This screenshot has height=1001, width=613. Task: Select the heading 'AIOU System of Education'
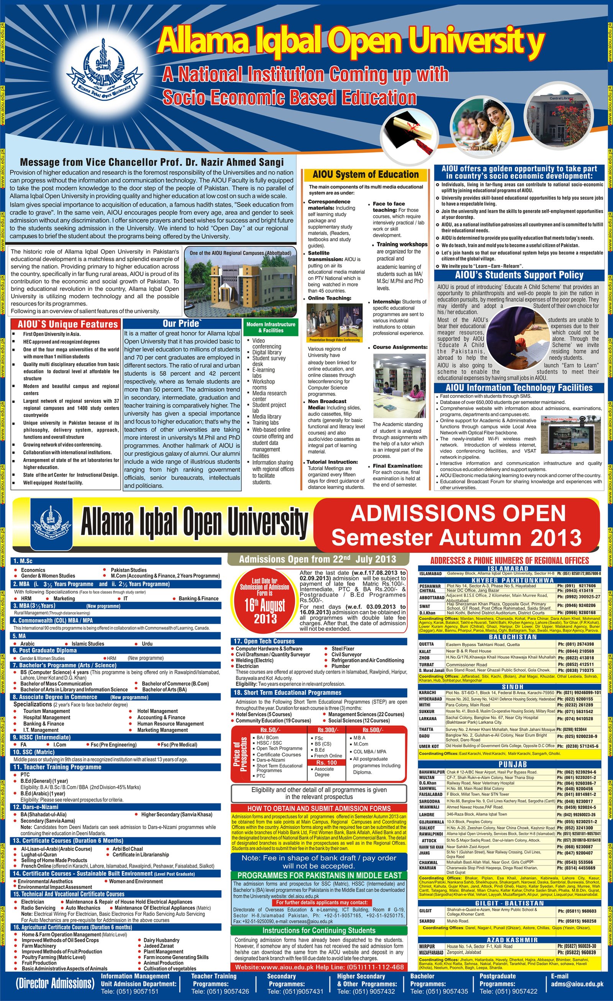(x=365, y=175)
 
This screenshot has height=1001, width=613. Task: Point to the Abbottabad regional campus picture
(x=241, y=282)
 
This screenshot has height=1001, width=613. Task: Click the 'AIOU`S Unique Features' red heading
(x=67, y=324)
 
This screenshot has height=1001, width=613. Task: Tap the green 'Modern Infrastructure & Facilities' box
(x=271, y=327)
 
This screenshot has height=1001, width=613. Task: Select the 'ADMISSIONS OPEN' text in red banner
(x=457, y=514)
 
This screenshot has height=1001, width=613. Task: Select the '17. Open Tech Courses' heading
(x=264, y=641)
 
